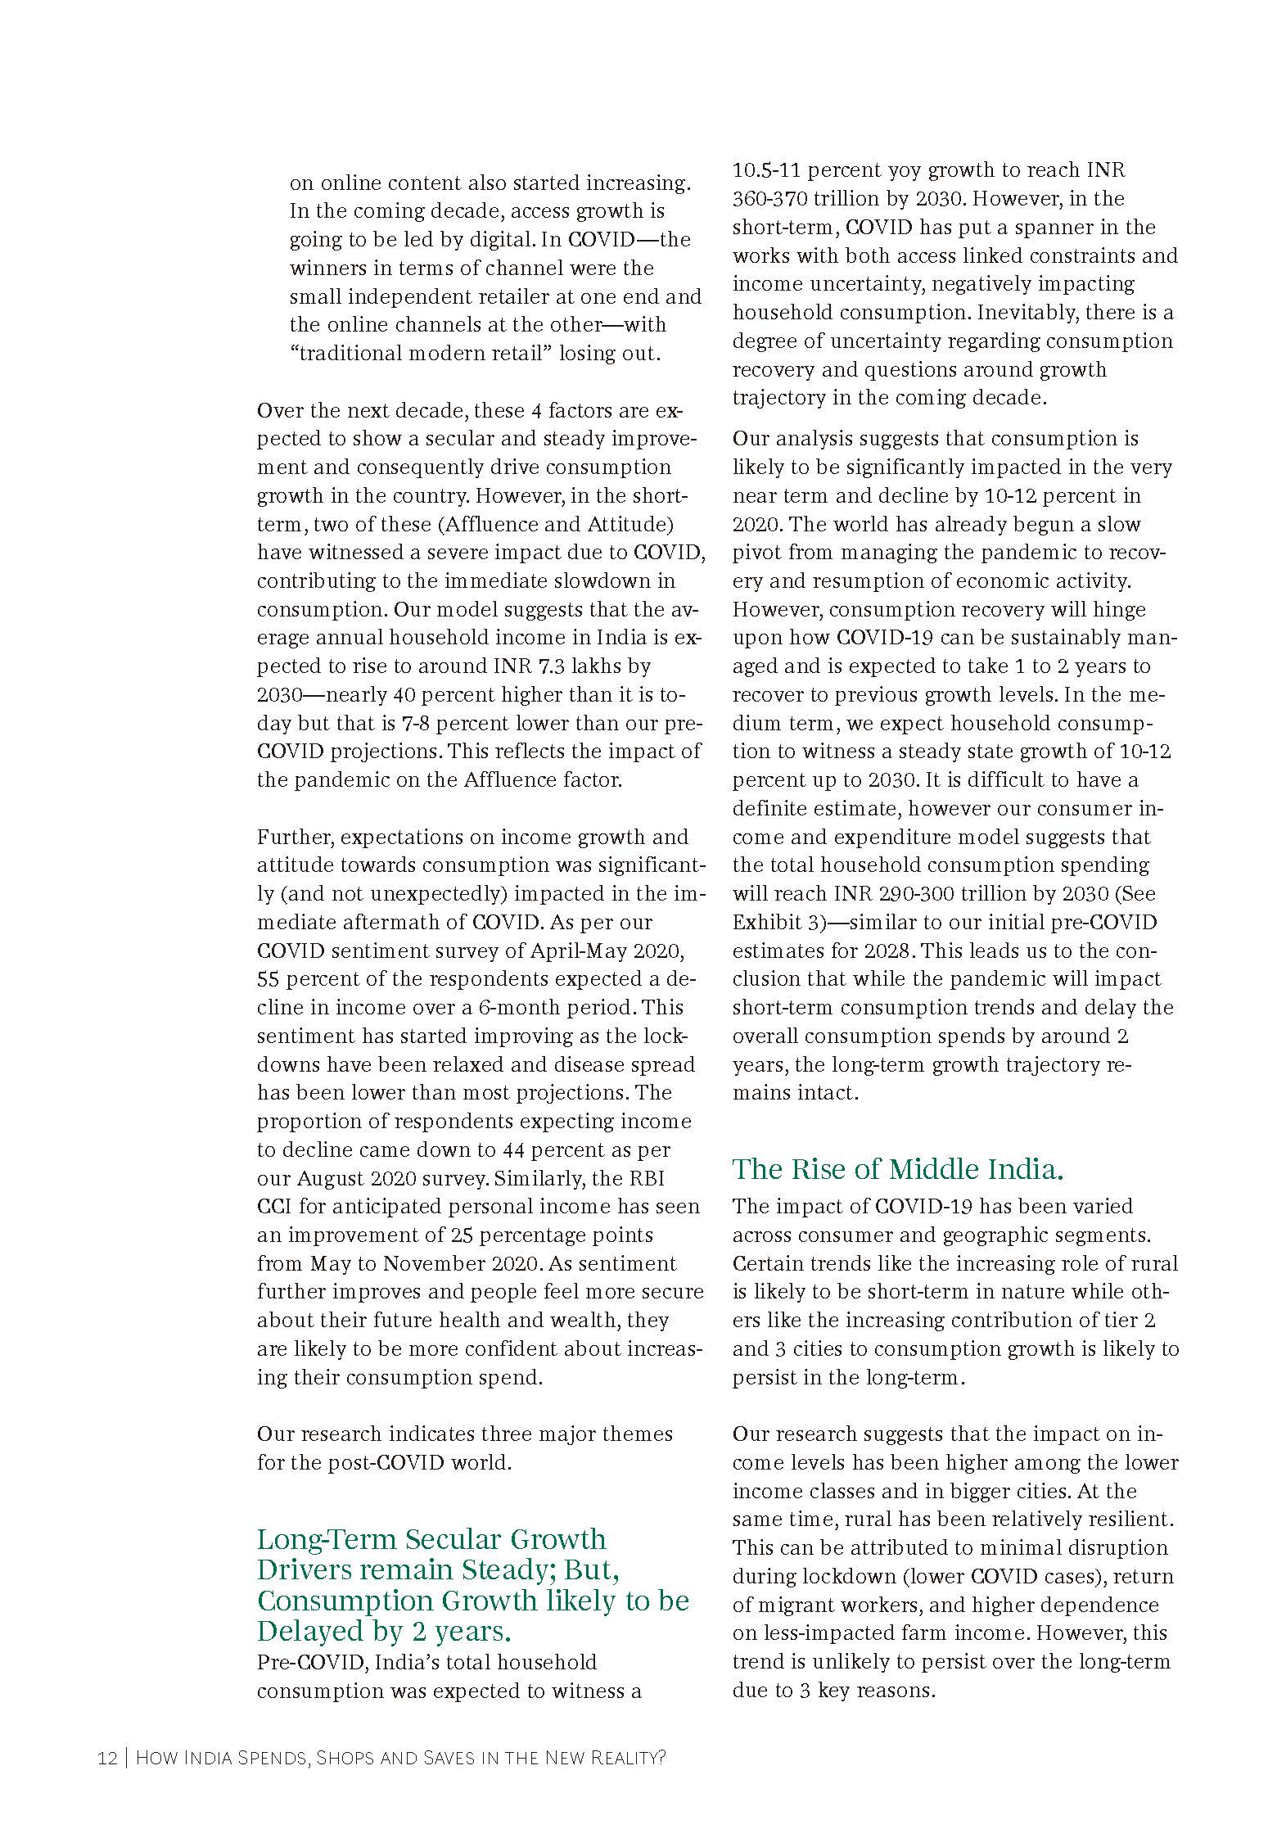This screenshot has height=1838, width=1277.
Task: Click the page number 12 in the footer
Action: click(x=106, y=1758)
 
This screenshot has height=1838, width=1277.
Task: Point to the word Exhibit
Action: click(x=767, y=923)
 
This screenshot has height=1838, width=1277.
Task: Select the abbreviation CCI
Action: click(x=274, y=1207)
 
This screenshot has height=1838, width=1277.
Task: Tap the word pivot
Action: click(x=756, y=553)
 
